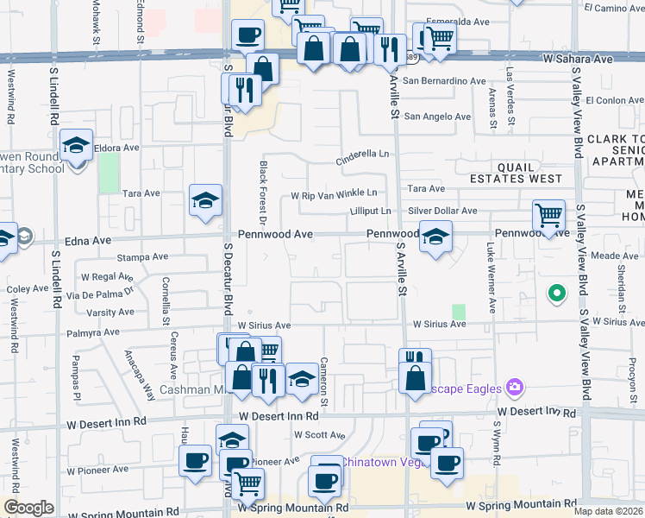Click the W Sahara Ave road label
pos(577,59)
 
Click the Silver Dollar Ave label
pos(442,211)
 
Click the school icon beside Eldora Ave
pos(76,148)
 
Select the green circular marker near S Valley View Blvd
pos(557,294)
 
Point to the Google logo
pos(28,508)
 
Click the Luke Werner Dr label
pos(491,276)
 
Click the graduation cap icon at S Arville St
pos(435,237)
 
